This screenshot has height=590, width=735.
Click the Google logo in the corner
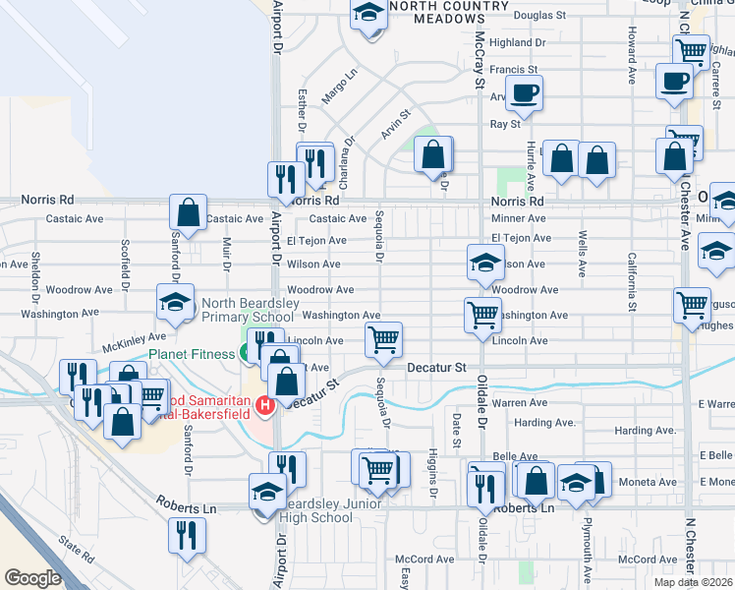32,577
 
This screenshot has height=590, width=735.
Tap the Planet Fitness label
191,353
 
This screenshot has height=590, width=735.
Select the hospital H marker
263,404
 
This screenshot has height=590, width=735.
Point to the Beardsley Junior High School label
314,510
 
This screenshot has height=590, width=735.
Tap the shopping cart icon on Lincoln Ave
383,339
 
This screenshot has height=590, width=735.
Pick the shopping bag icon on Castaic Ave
188,211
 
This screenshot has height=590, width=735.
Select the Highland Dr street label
517,43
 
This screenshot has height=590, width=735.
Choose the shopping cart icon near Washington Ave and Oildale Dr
482,315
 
